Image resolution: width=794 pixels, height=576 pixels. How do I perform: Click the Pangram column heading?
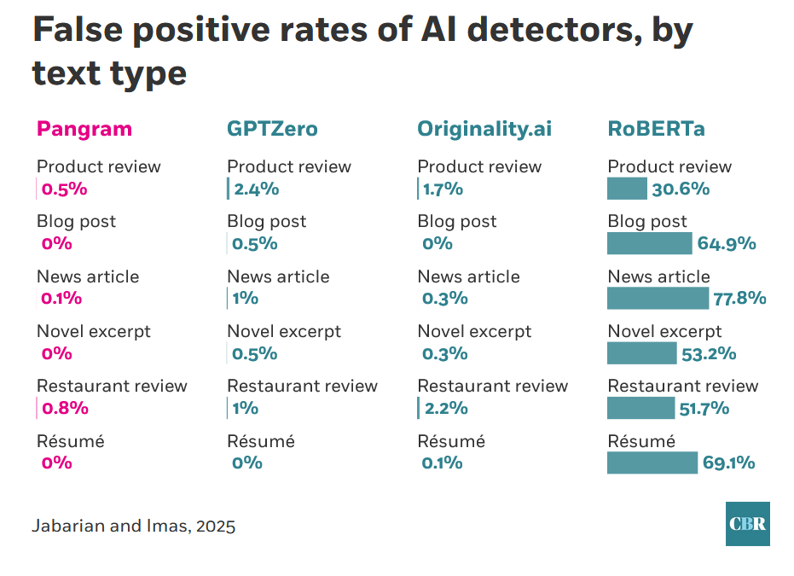coord(84,129)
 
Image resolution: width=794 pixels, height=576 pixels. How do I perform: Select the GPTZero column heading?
coord(272,129)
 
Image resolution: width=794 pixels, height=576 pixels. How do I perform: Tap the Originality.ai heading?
coord(484,129)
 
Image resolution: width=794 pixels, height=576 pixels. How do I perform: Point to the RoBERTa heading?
coord(656,129)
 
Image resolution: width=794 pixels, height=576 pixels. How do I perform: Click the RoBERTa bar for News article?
coord(658,298)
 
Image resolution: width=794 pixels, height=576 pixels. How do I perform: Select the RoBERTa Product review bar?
coord(627,189)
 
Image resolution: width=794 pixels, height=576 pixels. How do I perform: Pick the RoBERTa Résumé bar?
coord(652,463)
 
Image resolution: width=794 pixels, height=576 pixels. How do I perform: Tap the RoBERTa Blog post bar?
coord(649,243)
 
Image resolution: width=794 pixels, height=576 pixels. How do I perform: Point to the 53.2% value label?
coord(709,353)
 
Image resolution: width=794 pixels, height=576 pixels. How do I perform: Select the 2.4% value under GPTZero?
coord(256,189)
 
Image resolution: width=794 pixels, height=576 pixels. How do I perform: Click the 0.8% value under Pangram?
coord(65,408)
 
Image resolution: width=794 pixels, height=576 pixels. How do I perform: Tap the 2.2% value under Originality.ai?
coord(446,408)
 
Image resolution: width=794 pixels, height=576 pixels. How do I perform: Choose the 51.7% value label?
coord(704,408)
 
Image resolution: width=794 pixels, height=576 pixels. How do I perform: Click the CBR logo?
coord(748,524)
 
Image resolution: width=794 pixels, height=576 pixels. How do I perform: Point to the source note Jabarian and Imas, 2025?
coord(134,526)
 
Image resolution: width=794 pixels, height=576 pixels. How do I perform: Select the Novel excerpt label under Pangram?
coord(93,331)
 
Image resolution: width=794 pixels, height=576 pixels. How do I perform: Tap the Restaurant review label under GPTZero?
coord(302,386)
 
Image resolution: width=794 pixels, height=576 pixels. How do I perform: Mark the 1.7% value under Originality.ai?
coord(443,189)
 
